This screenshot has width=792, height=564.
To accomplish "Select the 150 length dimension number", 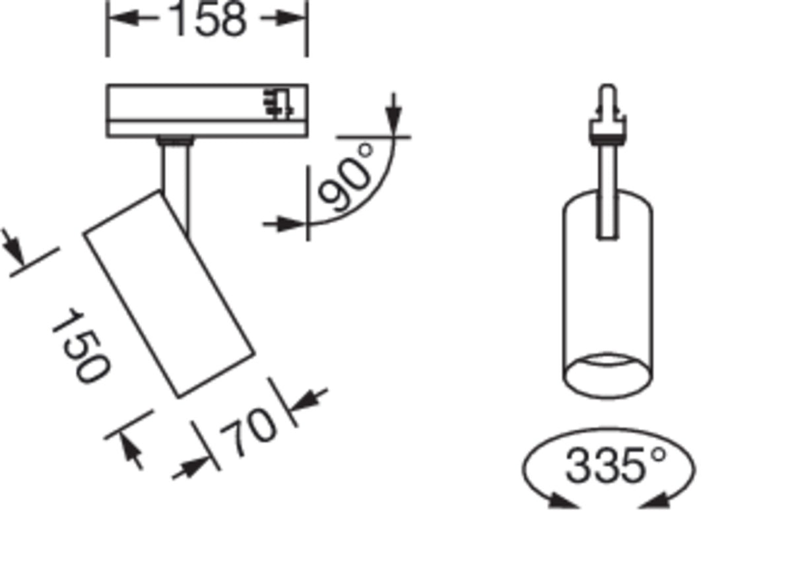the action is pos(81,346).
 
